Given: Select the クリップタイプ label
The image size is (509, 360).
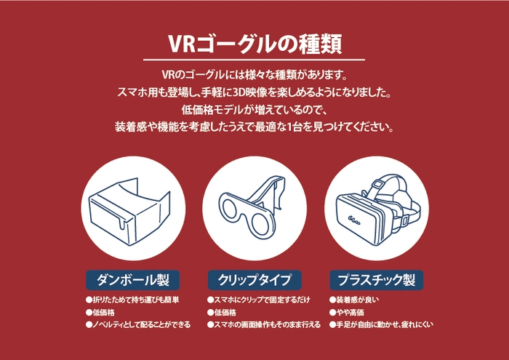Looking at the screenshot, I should coord(254,279).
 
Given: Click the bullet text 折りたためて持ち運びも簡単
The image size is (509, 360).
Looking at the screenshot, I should coord(135,300).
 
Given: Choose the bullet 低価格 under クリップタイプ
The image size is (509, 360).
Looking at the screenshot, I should coord(226,312).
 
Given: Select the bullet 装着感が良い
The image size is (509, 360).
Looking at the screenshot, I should coord(356,300).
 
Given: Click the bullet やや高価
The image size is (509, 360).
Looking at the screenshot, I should coord(348,312).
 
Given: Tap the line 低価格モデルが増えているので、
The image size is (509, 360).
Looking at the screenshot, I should coord(254,109).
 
